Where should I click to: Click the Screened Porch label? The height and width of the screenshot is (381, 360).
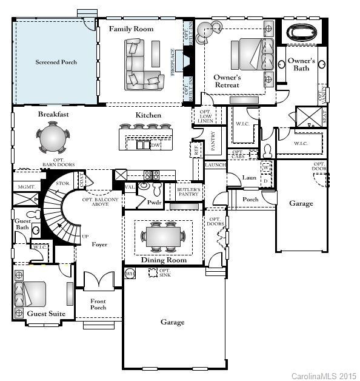[x=56, y=62]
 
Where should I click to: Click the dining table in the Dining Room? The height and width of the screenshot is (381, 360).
[x=163, y=236]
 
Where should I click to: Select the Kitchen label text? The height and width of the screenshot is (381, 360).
[x=148, y=115]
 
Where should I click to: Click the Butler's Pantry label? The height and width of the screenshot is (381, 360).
[x=187, y=192]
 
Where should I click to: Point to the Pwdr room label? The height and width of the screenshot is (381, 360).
[x=153, y=202]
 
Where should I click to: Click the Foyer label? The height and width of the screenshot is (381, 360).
[x=99, y=244]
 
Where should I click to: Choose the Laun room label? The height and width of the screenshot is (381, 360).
[x=249, y=178]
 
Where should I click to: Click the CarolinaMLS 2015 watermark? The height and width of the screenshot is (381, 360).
[x=323, y=376]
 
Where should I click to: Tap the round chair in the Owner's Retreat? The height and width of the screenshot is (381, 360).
[x=212, y=30]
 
